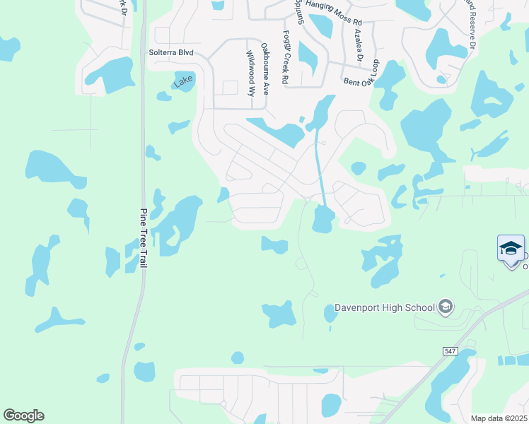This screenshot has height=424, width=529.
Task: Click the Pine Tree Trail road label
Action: point(144,237)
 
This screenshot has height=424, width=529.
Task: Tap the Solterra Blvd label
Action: point(170,53)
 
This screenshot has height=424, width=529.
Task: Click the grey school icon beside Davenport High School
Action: point(445,307)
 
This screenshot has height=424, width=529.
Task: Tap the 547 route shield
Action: point(451,351)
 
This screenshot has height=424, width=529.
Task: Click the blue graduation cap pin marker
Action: point(511,249)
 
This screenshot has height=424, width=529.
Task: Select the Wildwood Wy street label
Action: point(250,73)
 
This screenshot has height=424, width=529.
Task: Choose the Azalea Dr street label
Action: point(359,46)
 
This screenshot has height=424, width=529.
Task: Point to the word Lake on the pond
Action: point(183,83)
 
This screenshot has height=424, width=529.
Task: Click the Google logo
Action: point(23,416)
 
